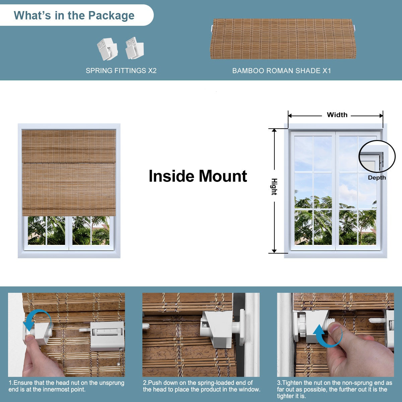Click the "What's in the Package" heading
tap(74, 15)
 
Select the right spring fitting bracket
tap(135, 48)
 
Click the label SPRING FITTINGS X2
tap(121, 71)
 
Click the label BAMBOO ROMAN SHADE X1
tap(281, 71)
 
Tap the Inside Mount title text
tap(198, 176)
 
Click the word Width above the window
tap(337, 115)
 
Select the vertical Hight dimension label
tap(274, 187)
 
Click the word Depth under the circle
tap(377, 178)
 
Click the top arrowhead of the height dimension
tap(274, 131)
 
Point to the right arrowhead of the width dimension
tap(381, 116)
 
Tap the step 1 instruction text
tap(66, 386)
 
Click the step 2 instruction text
tap(201, 386)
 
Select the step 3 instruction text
tap(334, 389)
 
